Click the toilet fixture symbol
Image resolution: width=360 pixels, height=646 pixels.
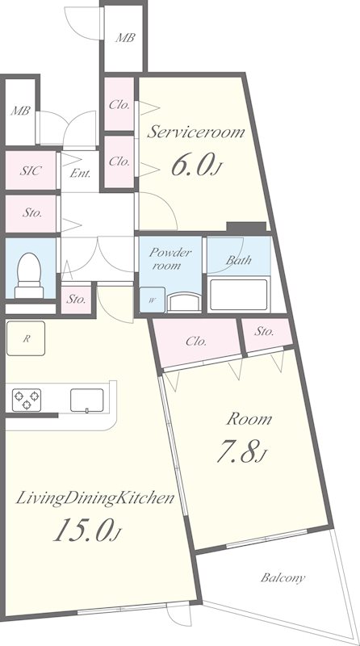point(29,275)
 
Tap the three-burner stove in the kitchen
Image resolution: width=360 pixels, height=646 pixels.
point(27,400)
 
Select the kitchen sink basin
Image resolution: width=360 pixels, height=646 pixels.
point(87,400)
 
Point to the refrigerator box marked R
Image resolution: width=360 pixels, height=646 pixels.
point(26,338)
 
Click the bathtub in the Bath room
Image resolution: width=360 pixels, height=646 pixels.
point(239,295)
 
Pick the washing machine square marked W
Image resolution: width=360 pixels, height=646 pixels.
point(152,300)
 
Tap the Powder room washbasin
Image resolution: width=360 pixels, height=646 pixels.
point(184,302)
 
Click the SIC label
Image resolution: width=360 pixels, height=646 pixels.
point(31,170)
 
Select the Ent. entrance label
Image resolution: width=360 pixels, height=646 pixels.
point(80,173)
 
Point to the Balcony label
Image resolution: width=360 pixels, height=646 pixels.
point(283,577)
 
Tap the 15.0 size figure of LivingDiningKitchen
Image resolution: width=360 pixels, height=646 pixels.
point(87,530)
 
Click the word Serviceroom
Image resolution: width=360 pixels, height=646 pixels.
point(195,132)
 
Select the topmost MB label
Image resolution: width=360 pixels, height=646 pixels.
point(125,38)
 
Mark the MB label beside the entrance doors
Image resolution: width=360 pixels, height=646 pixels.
point(20,111)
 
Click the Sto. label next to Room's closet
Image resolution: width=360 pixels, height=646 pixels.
point(264,331)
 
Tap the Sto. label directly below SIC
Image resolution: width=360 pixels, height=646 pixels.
point(32,213)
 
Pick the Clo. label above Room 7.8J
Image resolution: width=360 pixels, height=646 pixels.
point(196,341)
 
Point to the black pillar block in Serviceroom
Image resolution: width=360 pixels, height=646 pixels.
point(246,227)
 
